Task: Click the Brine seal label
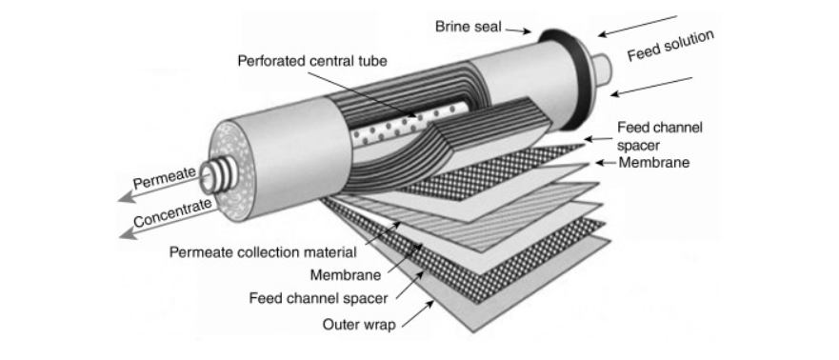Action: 468,26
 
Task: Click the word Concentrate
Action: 174,210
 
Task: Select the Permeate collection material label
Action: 263,252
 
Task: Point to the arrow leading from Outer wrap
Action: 418,312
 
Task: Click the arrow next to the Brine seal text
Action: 518,30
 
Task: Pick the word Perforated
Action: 270,62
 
